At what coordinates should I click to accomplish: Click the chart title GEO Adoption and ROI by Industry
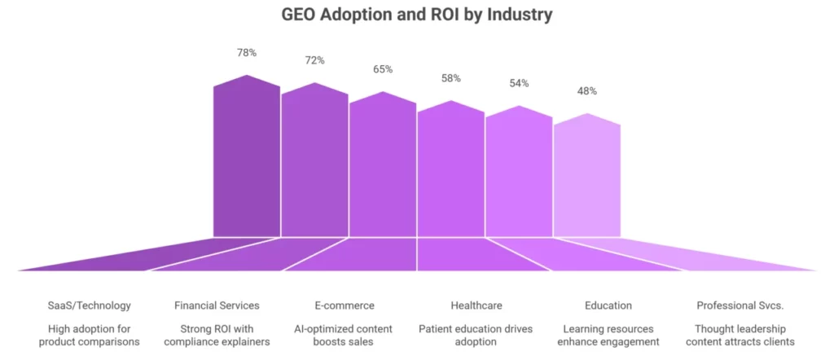coord(416,15)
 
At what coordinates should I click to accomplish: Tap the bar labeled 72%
coord(315,163)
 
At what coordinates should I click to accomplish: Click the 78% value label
coord(247,53)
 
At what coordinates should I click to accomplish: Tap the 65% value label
coord(383,69)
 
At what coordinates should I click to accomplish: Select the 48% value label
coord(586,91)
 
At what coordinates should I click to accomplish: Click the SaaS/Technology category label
coord(89,305)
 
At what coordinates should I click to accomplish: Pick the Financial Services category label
coord(217,305)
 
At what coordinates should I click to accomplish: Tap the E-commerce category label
coord(345,305)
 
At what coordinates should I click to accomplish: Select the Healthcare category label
coord(476,305)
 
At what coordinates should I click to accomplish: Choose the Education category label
coord(608,305)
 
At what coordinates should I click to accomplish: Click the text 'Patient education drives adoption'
coord(476,336)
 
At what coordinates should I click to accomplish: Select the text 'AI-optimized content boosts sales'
coord(345,336)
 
